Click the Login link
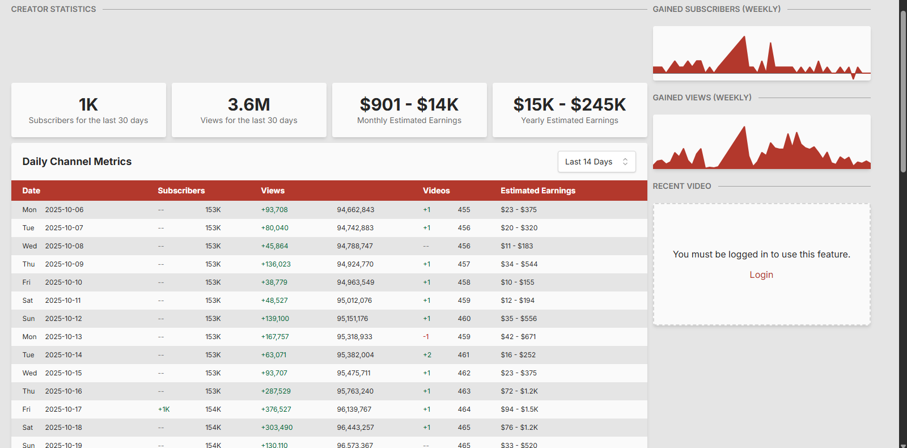pyautogui.click(x=761, y=275)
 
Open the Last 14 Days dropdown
pyautogui.click(x=596, y=162)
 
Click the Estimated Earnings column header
pyautogui.click(x=537, y=191)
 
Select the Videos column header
pyautogui.click(x=436, y=191)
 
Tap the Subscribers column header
pyautogui.click(x=181, y=191)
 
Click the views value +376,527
pyautogui.click(x=276, y=409)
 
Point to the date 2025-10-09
pyautogui.click(x=64, y=264)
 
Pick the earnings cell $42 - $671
pyautogui.click(x=518, y=337)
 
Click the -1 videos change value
pyautogui.click(x=426, y=337)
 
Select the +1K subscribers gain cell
pyautogui.click(x=164, y=409)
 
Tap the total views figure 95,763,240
pyautogui.click(x=355, y=391)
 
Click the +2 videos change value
pyautogui.click(x=427, y=355)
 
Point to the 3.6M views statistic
pyautogui.click(x=249, y=105)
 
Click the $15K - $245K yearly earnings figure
pyautogui.click(x=569, y=105)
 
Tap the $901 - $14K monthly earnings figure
pyautogui.click(x=409, y=105)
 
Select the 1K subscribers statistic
pyautogui.click(x=88, y=105)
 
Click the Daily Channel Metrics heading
pyautogui.click(x=77, y=162)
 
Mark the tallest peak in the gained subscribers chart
pyautogui.click(x=744, y=37)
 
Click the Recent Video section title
pyautogui.click(x=681, y=186)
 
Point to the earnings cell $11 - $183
pyautogui.click(x=516, y=246)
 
